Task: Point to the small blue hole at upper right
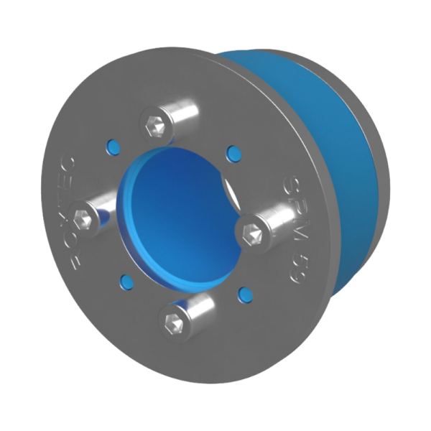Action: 231,152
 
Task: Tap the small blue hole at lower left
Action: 126,279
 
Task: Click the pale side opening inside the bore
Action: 228,194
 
